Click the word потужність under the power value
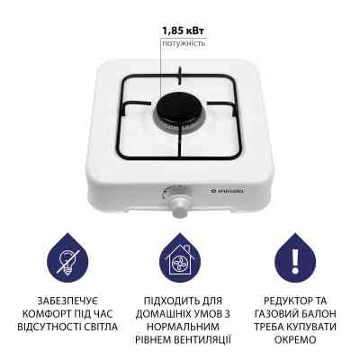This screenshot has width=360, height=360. [x=184, y=42]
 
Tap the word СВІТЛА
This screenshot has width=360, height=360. [x=99, y=327]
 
